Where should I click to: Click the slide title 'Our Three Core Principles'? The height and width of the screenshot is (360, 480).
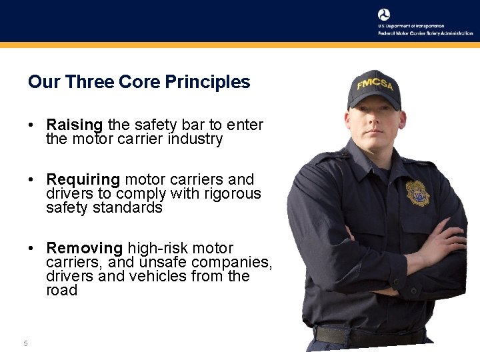[139, 82]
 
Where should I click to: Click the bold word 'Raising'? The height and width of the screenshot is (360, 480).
[74, 125]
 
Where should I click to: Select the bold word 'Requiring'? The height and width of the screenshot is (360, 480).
[83, 179]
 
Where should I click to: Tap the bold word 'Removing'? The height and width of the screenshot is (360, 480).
[85, 248]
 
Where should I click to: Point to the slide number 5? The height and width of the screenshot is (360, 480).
[25, 343]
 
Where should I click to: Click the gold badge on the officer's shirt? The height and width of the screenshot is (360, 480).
[418, 193]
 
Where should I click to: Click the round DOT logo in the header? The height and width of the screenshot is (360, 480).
[384, 15]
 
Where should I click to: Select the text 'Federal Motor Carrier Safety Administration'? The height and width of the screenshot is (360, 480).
[425, 33]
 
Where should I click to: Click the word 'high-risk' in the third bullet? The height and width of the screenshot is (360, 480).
[157, 248]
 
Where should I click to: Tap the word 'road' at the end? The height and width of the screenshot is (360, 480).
[61, 291]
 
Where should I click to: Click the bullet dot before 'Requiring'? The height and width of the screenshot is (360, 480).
[31, 180]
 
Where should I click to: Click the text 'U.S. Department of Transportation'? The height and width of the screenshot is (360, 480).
[411, 26]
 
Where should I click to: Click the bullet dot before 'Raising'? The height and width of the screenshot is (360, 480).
[31, 125]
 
